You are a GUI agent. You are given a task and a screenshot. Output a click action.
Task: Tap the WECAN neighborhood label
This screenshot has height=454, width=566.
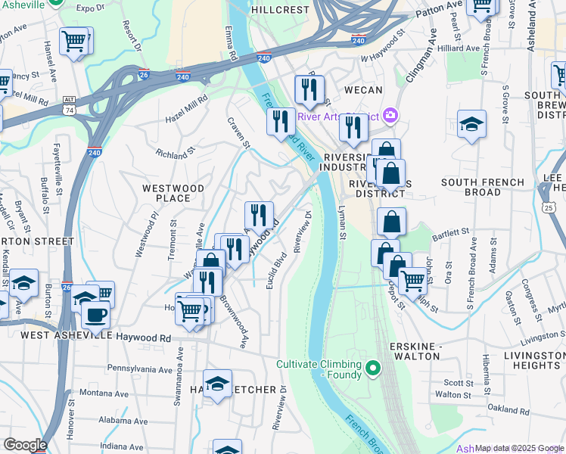click(x=362, y=90)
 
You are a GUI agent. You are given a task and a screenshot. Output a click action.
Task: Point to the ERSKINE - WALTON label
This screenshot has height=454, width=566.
click(x=415, y=350)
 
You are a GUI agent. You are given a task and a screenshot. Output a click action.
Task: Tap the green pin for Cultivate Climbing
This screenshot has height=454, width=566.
click(x=372, y=368)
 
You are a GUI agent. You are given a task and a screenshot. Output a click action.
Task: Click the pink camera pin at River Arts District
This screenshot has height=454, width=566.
click(x=390, y=116)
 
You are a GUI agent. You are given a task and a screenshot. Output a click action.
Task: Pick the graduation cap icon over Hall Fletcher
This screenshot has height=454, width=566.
click(x=217, y=384)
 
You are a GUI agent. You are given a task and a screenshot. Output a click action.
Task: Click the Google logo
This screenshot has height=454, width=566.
click(x=25, y=445)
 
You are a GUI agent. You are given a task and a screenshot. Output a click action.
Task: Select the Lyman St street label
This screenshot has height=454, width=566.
click(x=341, y=225)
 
